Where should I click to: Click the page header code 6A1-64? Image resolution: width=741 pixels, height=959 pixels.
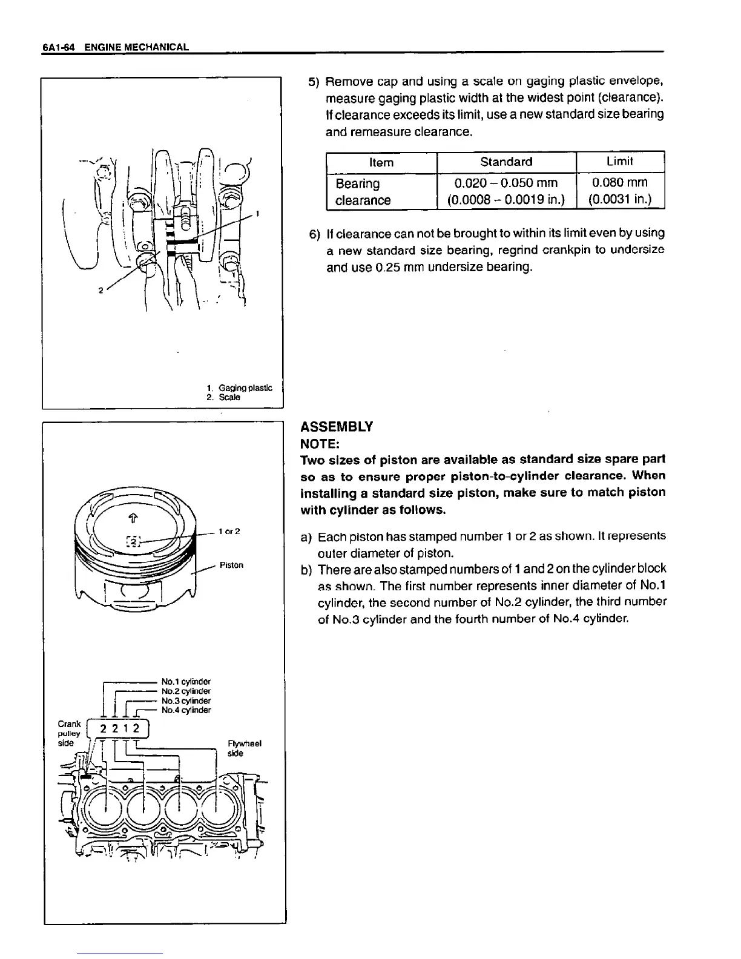(58, 47)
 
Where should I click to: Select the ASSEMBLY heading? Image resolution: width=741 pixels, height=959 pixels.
(337, 426)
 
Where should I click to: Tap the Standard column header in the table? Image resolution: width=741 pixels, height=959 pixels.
(506, 162)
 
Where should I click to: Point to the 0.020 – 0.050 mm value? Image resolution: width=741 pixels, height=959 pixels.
(506, 182)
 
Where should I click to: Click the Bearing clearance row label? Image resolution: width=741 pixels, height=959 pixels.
(363, 191)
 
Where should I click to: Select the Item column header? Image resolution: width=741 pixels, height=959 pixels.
(381, 162)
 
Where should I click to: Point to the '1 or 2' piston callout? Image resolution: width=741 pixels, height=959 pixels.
(229, 532)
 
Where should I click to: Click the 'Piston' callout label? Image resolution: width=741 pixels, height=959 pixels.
(231, 565)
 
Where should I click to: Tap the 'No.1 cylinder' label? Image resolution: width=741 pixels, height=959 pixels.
(186, 682)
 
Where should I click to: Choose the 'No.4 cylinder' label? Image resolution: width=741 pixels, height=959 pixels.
(186, 710)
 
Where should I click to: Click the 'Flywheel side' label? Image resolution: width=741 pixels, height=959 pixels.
(244, 748)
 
